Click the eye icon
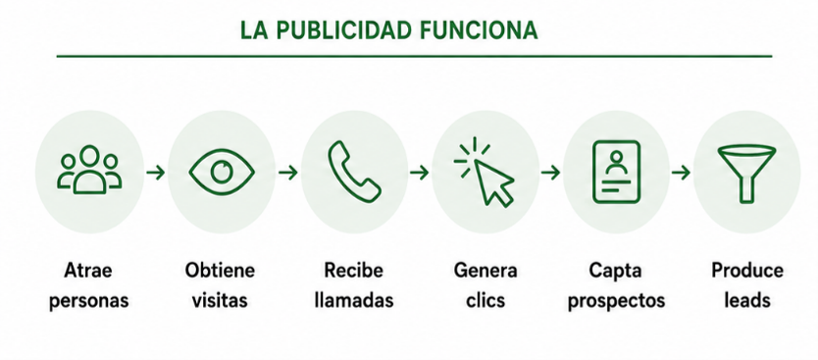click(x=222, y=172)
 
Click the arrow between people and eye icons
click(x=156, y=173)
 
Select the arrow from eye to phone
click(x=288, y=173)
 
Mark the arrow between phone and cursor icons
click(x=419, y=173)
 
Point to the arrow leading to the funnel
click(x=681, y=173)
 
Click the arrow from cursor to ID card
click(x=550, y=173)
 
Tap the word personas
click(x=88, y=301)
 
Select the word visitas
click(x=220, y=301)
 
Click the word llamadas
click(x=354, y=300)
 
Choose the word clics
click(x=486, y=300)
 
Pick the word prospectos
click(x=616, y=301)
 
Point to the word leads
click(x=747, y=300)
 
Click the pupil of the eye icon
click(x=222, y=171)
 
